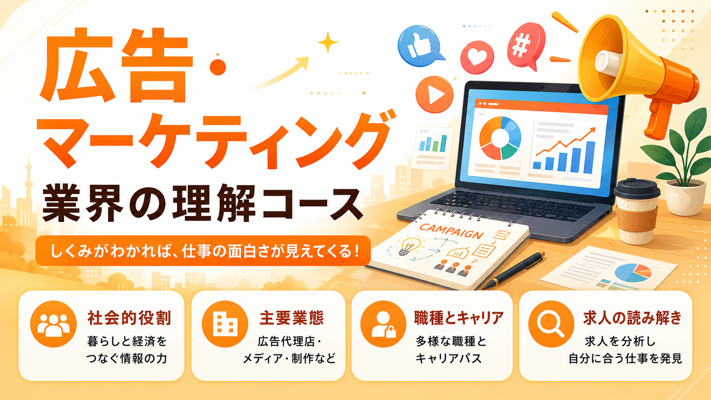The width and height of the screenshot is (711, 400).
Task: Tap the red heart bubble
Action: (477, 57)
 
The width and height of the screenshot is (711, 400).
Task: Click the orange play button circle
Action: (434, 94)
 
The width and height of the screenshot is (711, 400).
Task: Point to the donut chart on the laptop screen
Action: (500, 138)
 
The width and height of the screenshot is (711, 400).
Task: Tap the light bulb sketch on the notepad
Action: (410, 246)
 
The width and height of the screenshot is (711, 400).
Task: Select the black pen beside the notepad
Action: (514, 270)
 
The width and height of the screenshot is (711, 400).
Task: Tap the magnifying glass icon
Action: (551, 324)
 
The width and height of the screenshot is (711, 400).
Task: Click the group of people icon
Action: (53, 324)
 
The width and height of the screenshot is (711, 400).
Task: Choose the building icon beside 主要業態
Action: (225, 324)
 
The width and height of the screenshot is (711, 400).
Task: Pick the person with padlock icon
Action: (384, 324)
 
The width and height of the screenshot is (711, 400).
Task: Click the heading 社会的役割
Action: (129, 318)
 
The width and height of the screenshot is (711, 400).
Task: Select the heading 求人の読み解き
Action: (633, 318)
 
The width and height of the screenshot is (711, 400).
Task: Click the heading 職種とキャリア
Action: (459, 318)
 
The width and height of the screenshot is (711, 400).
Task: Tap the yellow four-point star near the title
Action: (328, 42)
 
